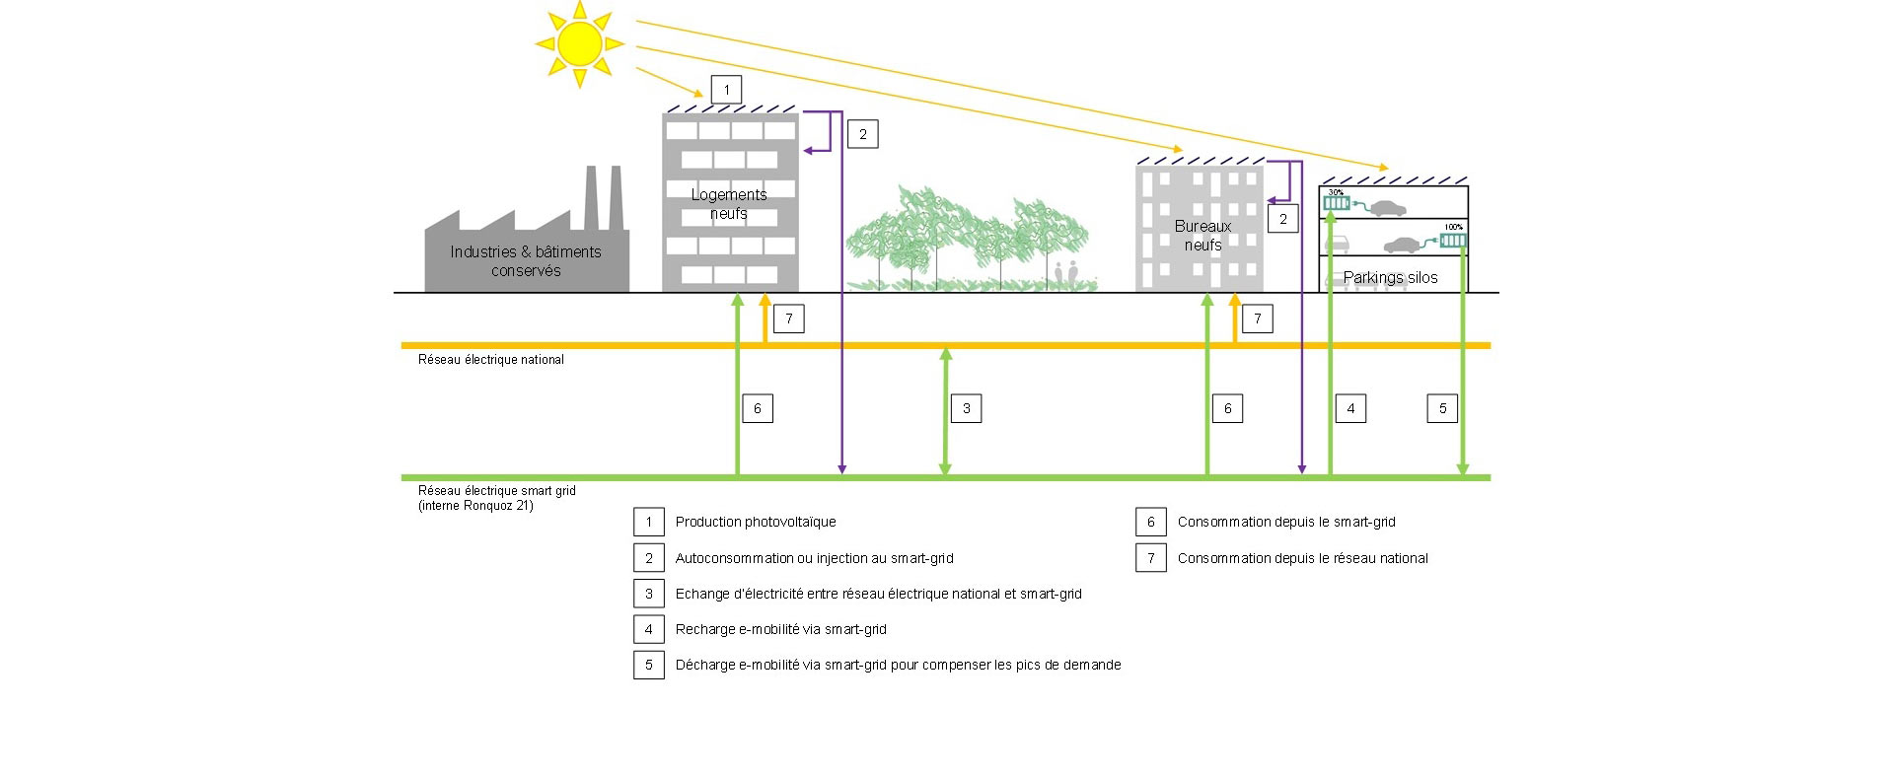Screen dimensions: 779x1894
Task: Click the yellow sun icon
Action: point(579,42)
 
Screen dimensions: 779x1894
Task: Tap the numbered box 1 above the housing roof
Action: point(726,90)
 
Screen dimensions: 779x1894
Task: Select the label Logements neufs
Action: point(729,204)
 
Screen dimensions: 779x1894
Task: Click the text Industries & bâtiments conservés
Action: point(526,261)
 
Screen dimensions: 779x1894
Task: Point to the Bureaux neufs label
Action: point(1202,236)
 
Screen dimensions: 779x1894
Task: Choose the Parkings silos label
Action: point(1390,278)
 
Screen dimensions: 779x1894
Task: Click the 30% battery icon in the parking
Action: point(1337,205)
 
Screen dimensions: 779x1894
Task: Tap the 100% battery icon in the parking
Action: point(1453,240)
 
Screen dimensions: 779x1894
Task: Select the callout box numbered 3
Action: point(966,408)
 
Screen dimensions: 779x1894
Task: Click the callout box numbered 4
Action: point(1350,408)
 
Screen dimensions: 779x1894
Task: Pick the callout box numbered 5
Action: point(1442,408)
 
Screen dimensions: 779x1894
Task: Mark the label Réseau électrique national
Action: point(491,360)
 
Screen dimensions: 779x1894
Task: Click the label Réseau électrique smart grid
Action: point(496,491)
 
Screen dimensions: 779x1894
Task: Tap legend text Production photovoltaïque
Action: point(756,522)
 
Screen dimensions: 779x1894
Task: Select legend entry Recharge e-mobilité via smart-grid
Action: point(780,629)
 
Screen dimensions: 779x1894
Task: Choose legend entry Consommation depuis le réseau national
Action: point(1302,558)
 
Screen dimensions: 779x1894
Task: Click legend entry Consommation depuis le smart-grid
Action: point(1286,522)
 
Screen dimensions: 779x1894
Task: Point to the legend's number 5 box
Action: point(648,665)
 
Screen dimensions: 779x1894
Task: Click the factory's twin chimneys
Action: point(604,197)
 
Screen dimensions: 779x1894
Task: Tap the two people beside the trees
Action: point(1066,273)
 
